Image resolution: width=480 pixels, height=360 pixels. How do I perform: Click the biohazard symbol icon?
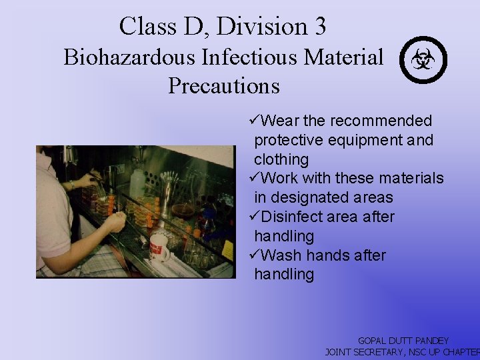(x=423, y=60)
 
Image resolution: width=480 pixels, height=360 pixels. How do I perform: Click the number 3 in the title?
(x=318, y=27)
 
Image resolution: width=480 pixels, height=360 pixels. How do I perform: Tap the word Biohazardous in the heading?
(x=129, y=58)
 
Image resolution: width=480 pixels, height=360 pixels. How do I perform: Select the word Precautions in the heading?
(x=223, y=86)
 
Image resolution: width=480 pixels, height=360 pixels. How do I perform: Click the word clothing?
(x=281, y=159)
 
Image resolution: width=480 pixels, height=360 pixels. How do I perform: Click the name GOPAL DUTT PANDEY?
(x=403, y=341)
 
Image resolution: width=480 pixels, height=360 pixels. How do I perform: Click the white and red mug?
(x=159, y=247)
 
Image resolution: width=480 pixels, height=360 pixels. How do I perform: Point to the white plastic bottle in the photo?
(x=137, y=183)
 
